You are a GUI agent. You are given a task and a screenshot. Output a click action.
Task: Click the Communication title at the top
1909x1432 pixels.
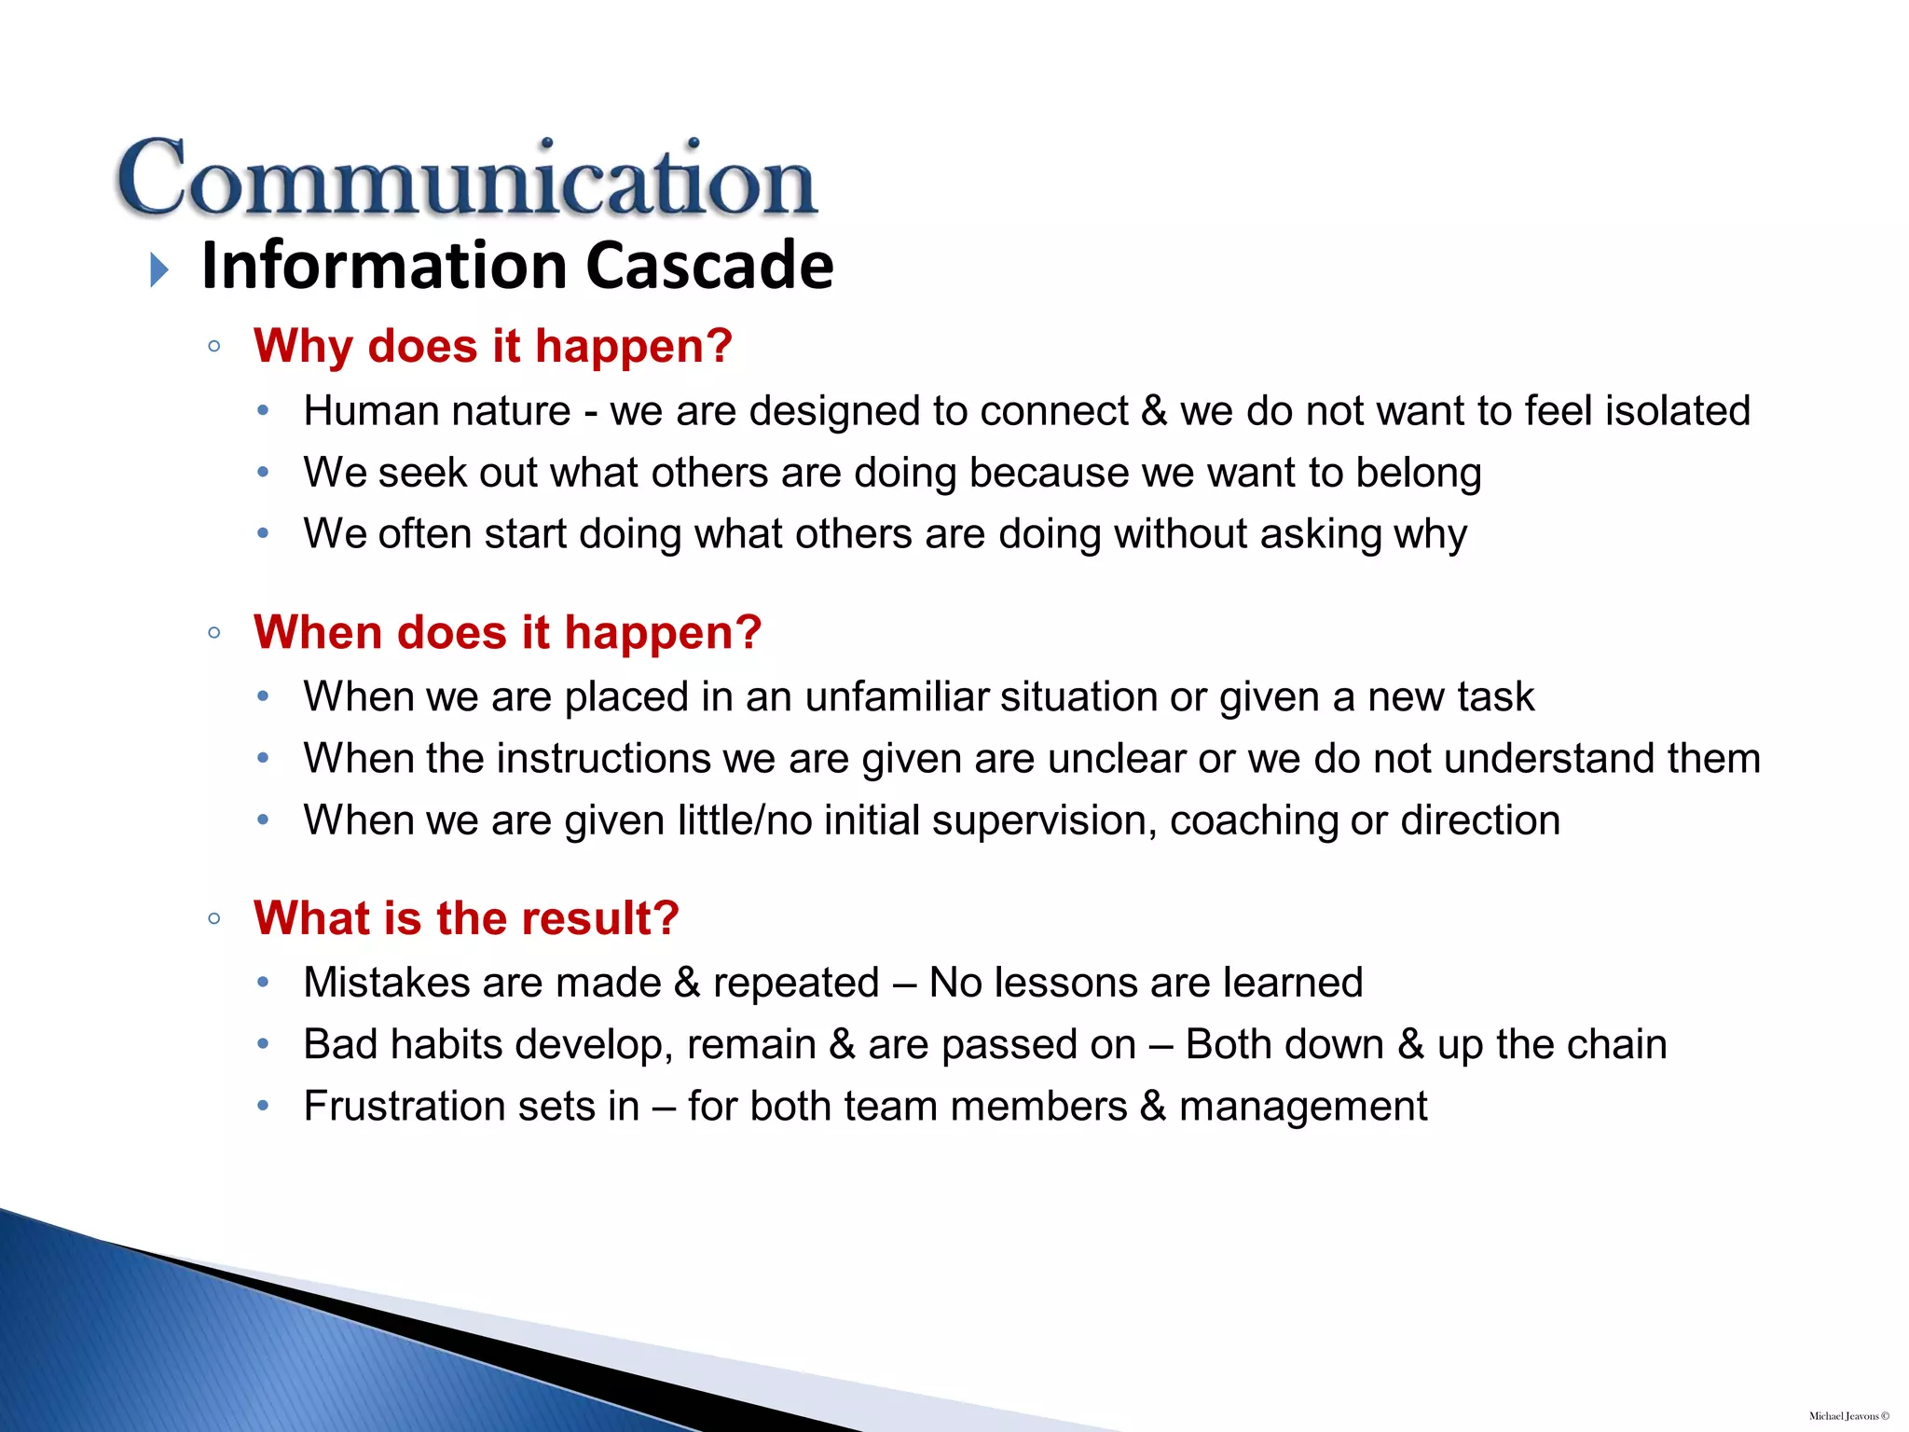[466, 179]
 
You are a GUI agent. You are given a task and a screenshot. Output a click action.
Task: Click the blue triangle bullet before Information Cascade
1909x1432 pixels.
[159, 270]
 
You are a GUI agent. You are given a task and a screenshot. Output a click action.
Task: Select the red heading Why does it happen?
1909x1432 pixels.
[492, 346]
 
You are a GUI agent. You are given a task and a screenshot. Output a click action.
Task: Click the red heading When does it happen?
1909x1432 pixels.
[507, 632]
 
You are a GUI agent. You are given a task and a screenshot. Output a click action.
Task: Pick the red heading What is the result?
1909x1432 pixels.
[466, 918]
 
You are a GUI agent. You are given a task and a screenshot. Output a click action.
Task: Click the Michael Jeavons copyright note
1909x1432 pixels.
[1848, 1416]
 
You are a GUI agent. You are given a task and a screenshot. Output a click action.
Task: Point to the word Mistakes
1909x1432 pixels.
[386, 983]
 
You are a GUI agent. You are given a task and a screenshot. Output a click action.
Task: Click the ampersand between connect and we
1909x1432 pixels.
[1153, 411]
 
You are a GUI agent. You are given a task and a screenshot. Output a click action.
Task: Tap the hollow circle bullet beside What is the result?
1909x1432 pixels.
[214, 919]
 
